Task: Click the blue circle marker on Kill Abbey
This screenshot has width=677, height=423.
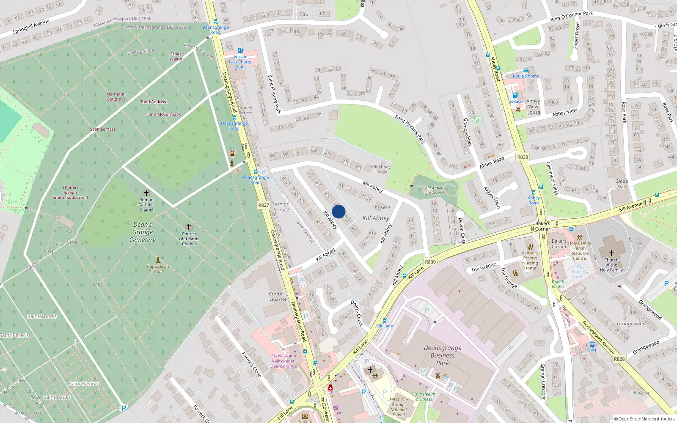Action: (x=338, y=211)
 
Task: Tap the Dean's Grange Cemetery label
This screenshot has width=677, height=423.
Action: (x=143, y=232)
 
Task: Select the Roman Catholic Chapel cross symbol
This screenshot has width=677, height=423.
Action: (x=146, y=193)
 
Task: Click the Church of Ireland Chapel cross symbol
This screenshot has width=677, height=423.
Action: (x=189, y=227)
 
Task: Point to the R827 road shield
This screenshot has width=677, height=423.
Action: (x=264, y=205)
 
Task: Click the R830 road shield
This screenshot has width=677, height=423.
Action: (x=430, y=262)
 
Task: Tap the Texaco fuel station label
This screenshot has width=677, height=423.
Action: (x=516, y=102)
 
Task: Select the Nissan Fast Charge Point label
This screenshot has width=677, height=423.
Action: (x=241, y=62)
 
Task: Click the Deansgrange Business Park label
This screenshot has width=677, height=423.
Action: (x=443, y=355)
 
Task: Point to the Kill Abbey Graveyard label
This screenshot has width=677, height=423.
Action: (x=434, y=191)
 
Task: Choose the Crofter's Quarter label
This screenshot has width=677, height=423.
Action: (x=278, y=297)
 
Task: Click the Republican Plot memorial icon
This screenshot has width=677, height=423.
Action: (x=158, y=260)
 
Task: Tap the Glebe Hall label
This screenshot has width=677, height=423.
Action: (x=622, y=184)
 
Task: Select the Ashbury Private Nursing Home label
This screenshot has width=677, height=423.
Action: (x=530, y=260)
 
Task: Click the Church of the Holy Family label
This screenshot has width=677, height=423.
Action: (x=611, y=265)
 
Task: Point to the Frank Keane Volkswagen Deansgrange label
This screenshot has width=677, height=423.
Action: (x=283, y=361)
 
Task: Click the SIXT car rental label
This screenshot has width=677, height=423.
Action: (x=592, y=350)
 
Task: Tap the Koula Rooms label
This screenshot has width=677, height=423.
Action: (x=526, y=76)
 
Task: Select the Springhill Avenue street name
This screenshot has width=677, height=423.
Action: (x=31, y=27)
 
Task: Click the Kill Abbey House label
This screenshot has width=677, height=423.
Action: (x=381, y=169)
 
